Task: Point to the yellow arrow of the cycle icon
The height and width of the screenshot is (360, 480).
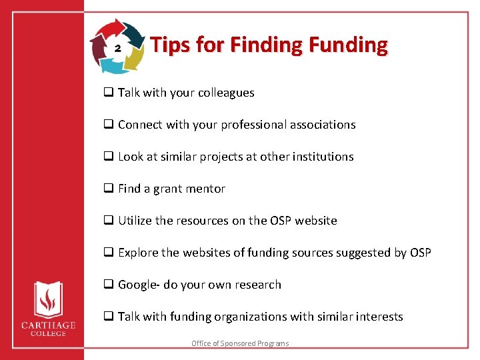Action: click(136, 59)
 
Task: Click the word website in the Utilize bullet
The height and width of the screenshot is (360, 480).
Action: click(315, 221)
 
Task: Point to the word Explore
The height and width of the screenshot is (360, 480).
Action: click(138, 253)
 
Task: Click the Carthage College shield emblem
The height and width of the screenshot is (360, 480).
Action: click(47, 299)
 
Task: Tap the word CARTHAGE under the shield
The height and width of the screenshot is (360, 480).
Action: click(47, 325)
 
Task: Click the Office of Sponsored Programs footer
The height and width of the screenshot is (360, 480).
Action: click(240, 343)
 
